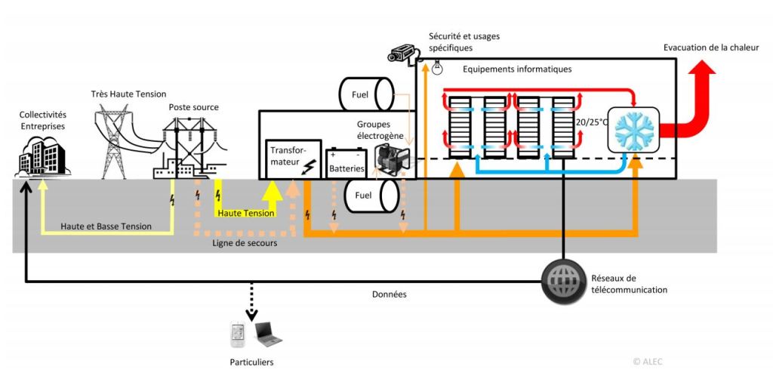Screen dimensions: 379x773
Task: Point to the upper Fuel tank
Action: click(367, 95)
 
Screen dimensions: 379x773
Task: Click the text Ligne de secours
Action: click(242, 243)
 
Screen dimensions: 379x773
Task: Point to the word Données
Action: click(390, 294)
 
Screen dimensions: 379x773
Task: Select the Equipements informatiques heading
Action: click(517, 69)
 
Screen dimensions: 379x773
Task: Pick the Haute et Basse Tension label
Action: click(107, 226)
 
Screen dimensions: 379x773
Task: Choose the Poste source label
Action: click(194, 108)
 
